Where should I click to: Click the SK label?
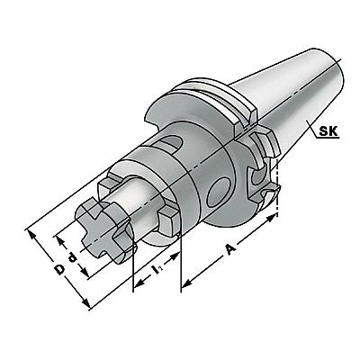[328, 131]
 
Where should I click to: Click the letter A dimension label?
[229, 249]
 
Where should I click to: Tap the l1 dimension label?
[157, 268]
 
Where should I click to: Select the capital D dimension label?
[60, 269]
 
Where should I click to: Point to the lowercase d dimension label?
[72, 257]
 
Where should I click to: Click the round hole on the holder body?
[219, 192]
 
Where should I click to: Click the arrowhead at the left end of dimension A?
[188, 283]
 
